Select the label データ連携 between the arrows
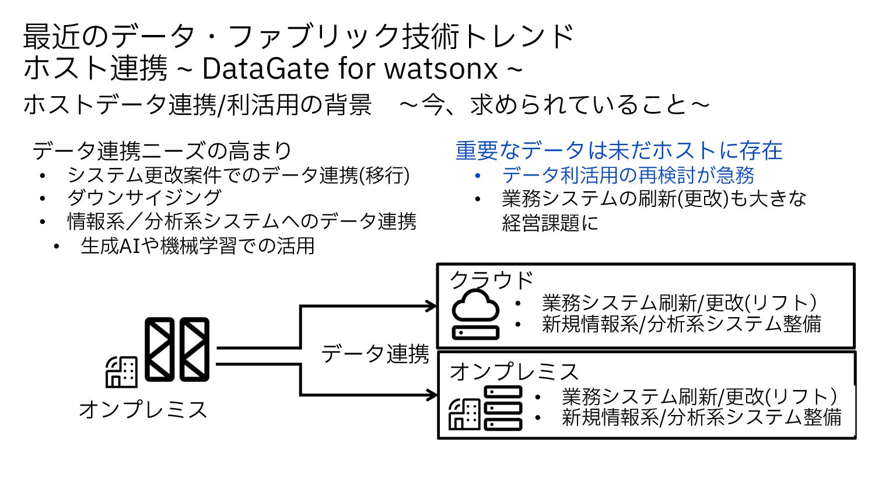tap(375, 354)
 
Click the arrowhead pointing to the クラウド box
tap(432, 306)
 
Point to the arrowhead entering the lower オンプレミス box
tap(432, 395)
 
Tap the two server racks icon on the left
tap(177, 349)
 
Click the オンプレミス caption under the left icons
tap(143, 409)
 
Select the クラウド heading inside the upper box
tap(491, 280)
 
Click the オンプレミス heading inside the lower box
tap(514, 372)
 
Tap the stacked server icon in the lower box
tap(503, 408)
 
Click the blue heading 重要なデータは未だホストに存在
tap(618, 150)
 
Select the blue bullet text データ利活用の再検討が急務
tap(628, 175)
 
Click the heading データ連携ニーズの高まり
tap(162, 151)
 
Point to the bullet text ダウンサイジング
tap(144, 198)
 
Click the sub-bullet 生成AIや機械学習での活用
tap(198, 246)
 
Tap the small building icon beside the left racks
tap(121, 371)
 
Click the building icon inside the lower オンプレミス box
tap(464, 414)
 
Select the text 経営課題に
tap(550, 223)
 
